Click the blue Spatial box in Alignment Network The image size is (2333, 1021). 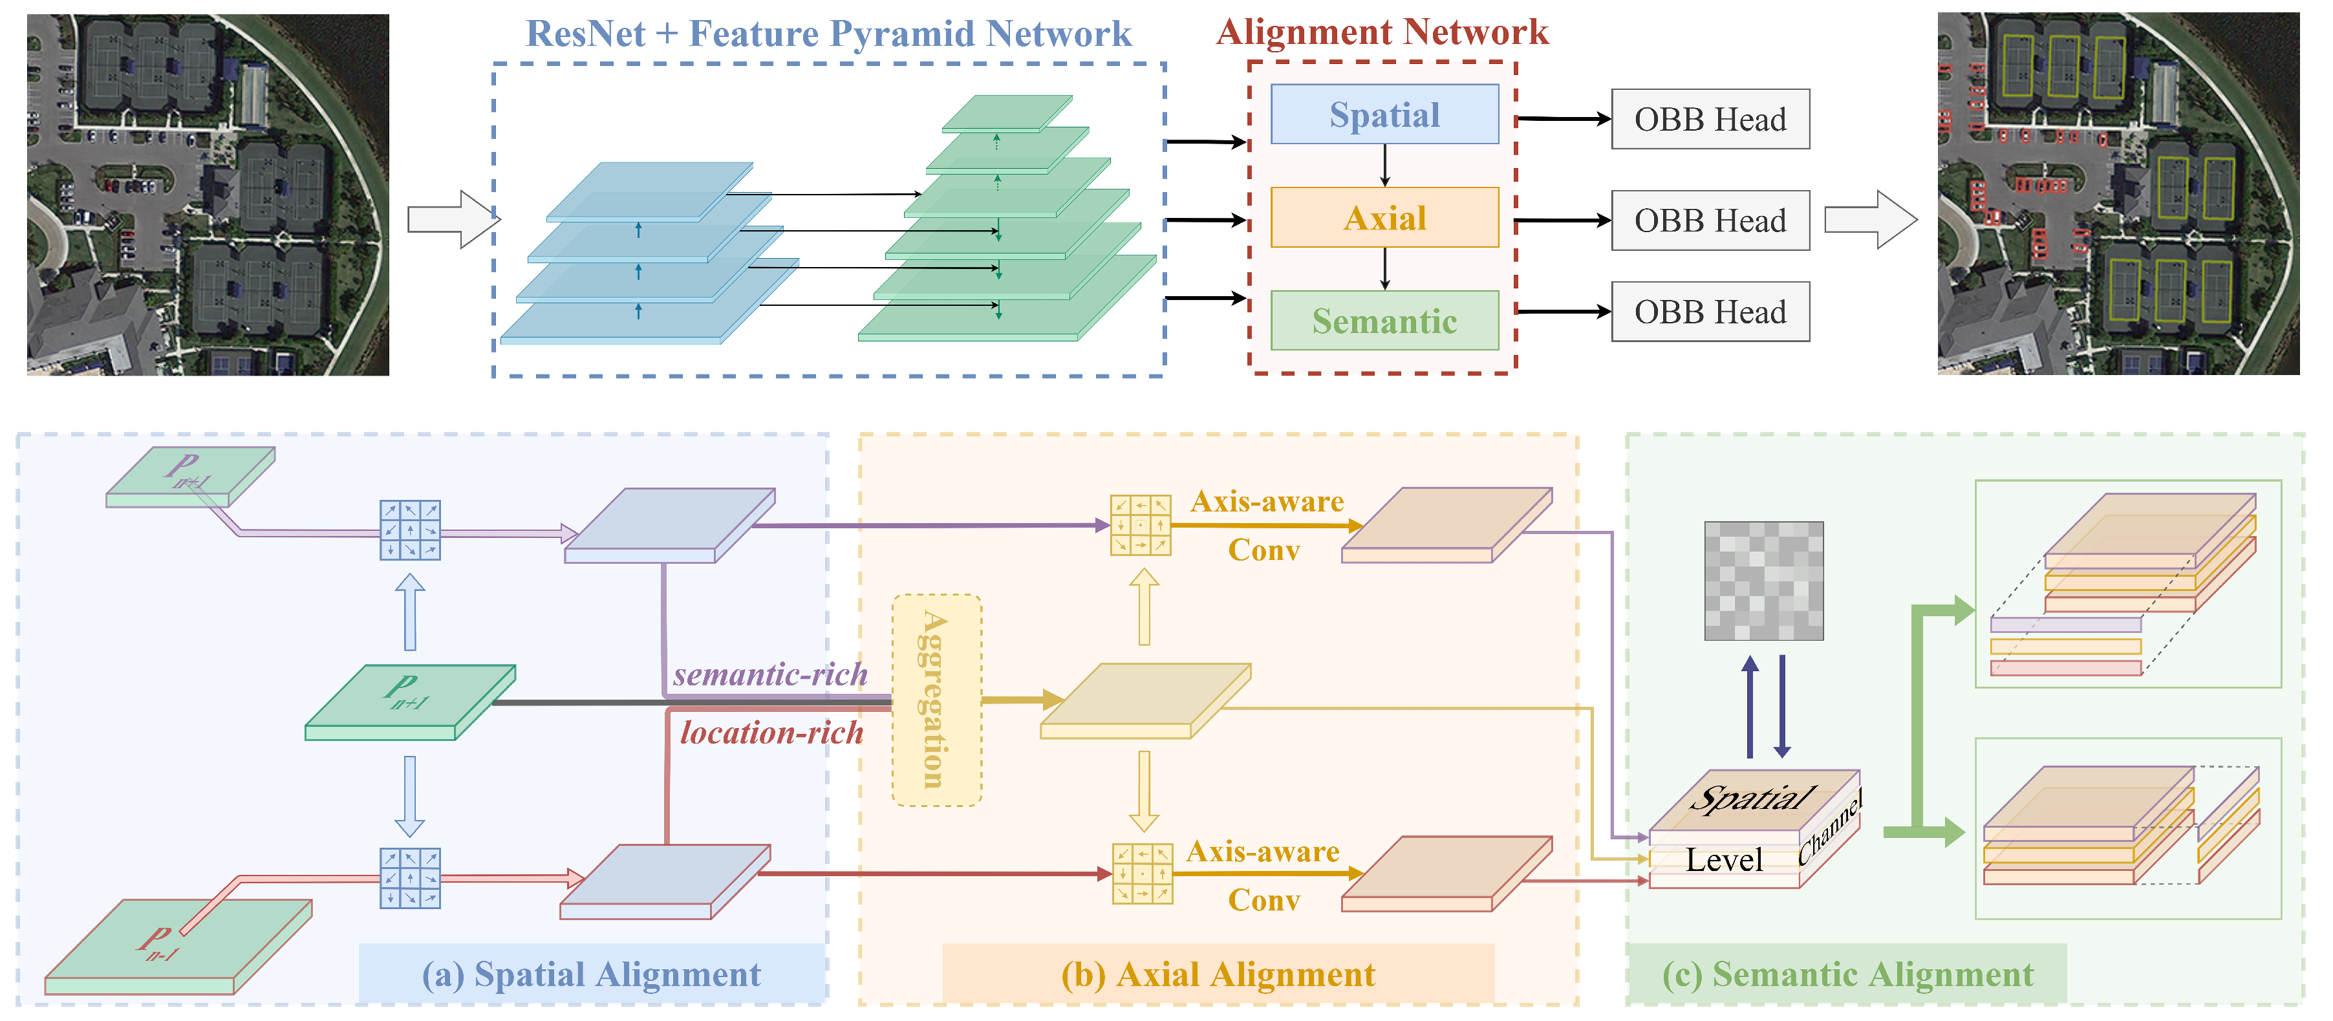point(1384,115)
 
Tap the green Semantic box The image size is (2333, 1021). point(1384,321)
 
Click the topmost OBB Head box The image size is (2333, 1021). point(1709,120)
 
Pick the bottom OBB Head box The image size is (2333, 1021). point(1709,312)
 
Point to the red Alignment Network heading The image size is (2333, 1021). point(1381,32)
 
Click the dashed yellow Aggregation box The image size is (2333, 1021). point(936,700)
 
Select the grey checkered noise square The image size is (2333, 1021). point(1763,581)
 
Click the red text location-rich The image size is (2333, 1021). point(771,733)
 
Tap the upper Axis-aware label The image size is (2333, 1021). point(1266,502)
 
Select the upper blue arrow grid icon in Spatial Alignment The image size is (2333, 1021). point(409,530)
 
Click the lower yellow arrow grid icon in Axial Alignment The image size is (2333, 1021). point(1141,874)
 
